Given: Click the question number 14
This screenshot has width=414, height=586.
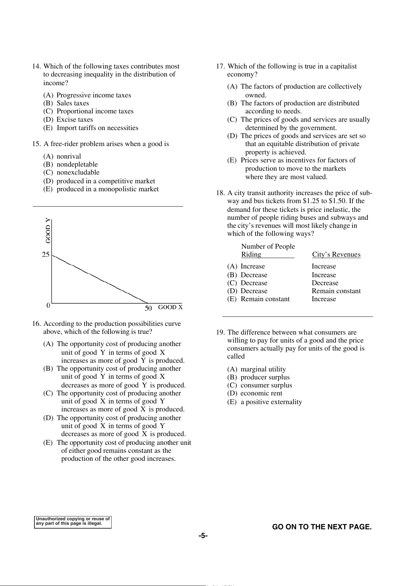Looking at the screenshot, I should pyautogui.click(x=36, y=66).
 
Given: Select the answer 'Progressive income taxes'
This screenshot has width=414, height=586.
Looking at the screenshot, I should pyautogui.click(x=94, y=95).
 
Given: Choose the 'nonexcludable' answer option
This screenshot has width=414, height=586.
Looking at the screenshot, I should pyautogui.click(x=78, y=172).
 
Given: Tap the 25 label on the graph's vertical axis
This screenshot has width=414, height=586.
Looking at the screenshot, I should pyautogui.click(x=46, y=255).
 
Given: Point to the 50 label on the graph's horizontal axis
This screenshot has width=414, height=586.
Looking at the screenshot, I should pyautogui.click(x=148, y=308).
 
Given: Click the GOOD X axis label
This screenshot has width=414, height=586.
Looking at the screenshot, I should pyautogui.click(x=170, y=307).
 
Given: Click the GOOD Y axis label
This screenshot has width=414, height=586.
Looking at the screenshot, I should pyautogui.click(x=48, y=230).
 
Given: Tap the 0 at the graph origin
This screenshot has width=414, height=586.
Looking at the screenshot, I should pyautogui.click(x=48, y=306).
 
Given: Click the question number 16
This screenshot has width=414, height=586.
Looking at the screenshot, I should pyautogui.click(x=36, y=324).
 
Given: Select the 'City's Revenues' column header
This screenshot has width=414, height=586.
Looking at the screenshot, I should pyautogui.click(x=336, y=255).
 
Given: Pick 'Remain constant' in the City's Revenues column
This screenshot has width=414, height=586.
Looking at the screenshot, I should pyautogui.click(x=336, y=291).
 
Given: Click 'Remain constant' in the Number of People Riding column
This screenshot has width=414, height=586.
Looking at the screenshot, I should pyautogui.click(x=265, y=299).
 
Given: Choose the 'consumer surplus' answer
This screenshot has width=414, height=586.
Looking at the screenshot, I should pyautogui.click(x=266, y=385).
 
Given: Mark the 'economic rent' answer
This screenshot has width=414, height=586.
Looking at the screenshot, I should pyautogui.click(x=261, y=393).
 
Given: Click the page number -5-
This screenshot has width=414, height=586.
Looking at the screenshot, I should pyautogui.click(x=203, y=536).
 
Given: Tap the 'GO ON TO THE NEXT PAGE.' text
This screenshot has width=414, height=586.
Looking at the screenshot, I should pyautogui.click(x=322, y=527).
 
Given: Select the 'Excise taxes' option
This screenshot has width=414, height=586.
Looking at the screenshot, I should pyautogui.click(x=75, y=120).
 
